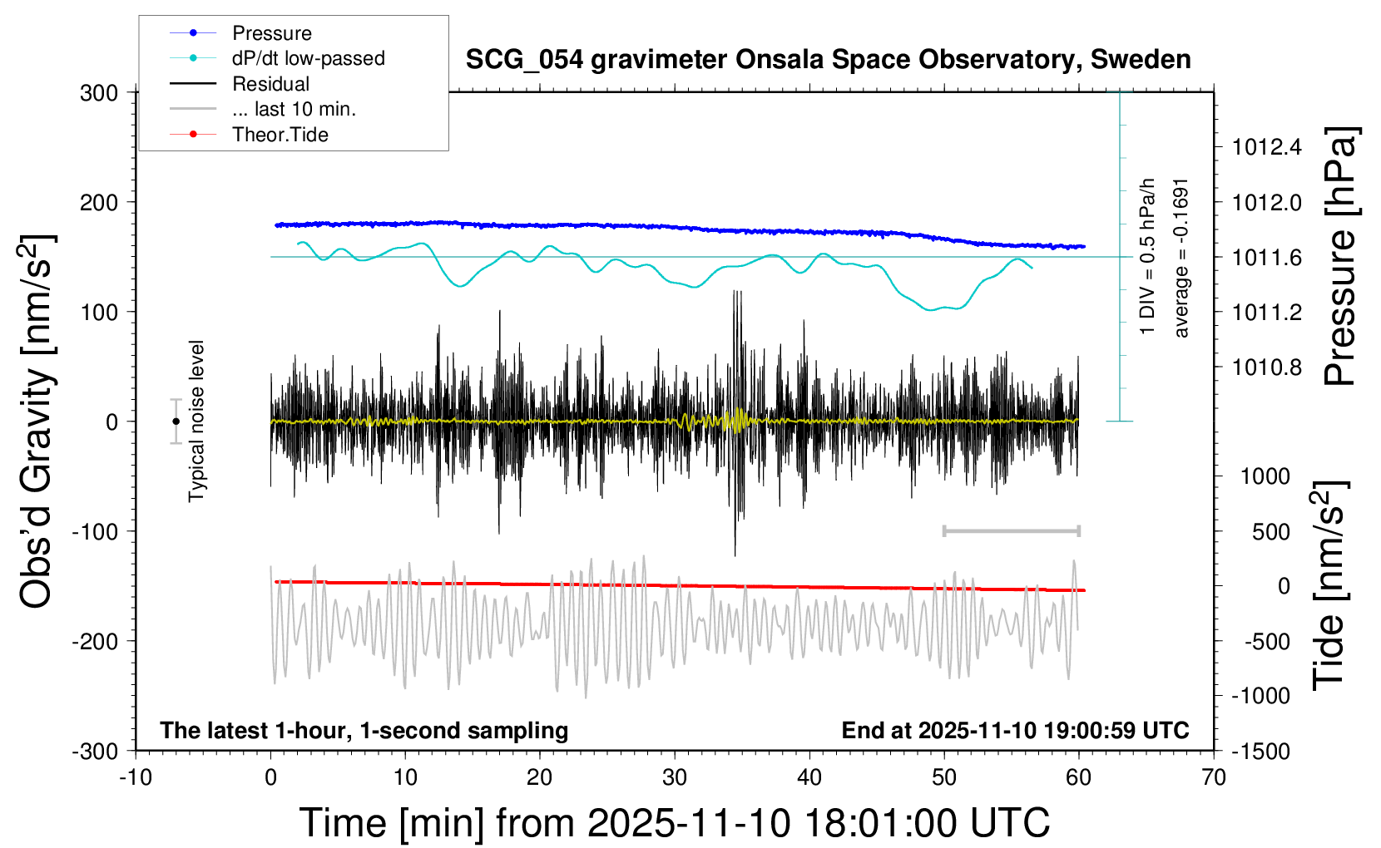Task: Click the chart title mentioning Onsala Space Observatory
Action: tap(828, 60)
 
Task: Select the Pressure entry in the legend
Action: tap(271, 33)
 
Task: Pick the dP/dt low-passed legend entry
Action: tap(308, 58)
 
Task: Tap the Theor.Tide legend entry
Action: tap(280, 135)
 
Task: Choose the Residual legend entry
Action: tap(270, 84)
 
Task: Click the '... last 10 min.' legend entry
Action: tap(293, 109)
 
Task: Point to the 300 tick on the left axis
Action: tap(99, 93)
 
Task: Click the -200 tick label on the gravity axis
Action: tap(95, 641)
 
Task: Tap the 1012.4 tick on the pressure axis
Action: tap(1266, 148)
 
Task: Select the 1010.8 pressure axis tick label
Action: tap(1266, 367)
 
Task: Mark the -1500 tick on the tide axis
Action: tap(1260, 752)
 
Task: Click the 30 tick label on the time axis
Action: tap(675, 778)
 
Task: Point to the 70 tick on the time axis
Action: tap(1214, 778)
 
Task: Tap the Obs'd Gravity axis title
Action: tap(37, 422)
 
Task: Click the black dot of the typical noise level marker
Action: tap(176, 422)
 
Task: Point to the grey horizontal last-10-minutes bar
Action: tap(1011, 530)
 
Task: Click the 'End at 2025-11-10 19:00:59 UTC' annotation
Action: tap(1015, 731)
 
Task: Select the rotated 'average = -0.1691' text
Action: tap(1181, 258)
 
